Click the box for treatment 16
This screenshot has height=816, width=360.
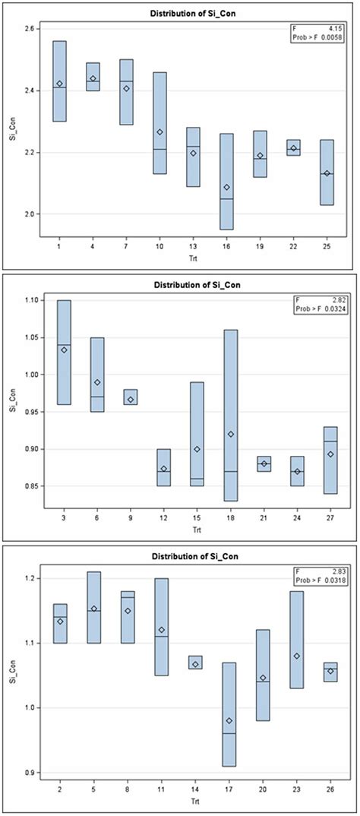226,182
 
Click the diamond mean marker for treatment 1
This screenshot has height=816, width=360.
59,84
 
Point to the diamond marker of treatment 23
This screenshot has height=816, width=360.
297,656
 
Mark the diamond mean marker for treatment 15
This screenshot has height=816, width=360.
197,449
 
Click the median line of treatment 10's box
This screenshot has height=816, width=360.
159,150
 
